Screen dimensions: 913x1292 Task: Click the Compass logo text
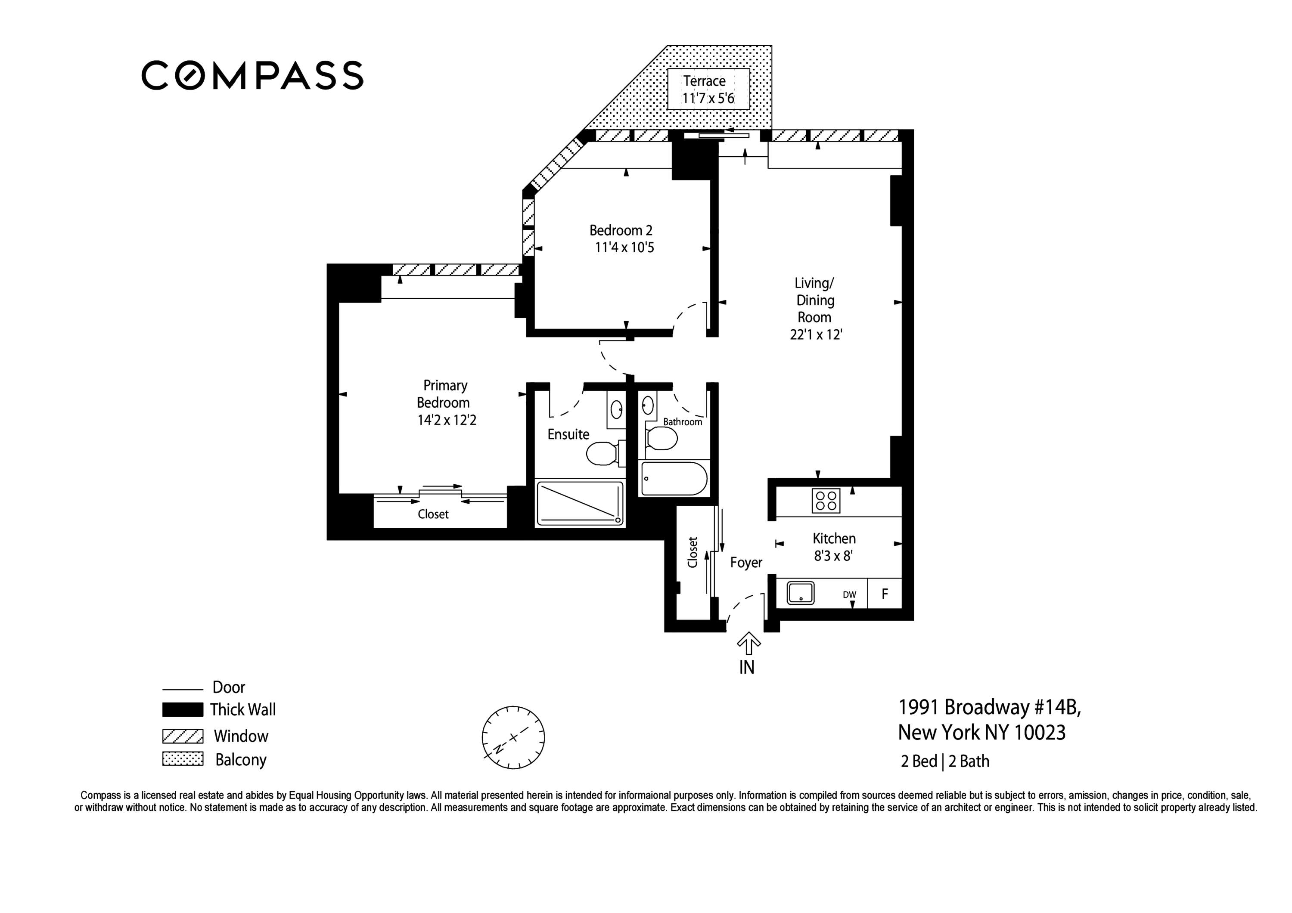click(x=252, y=75)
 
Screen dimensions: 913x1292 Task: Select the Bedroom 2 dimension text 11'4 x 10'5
click(x=624, y=248)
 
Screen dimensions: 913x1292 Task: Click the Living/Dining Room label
click(x=815, y=309)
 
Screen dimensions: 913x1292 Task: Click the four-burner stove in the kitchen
click(x=826, y=501)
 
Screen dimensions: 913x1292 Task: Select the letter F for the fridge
click(x=885, y=594)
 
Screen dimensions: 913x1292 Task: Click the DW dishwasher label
click(x=849, y=594)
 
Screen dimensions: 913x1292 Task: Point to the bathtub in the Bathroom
click(x=674, y=479)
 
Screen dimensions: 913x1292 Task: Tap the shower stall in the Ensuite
click(x=580, y=504)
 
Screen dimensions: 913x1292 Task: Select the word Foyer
click(x=746, y=563)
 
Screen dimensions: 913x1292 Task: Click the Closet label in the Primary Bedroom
click(x=433, y=514)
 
